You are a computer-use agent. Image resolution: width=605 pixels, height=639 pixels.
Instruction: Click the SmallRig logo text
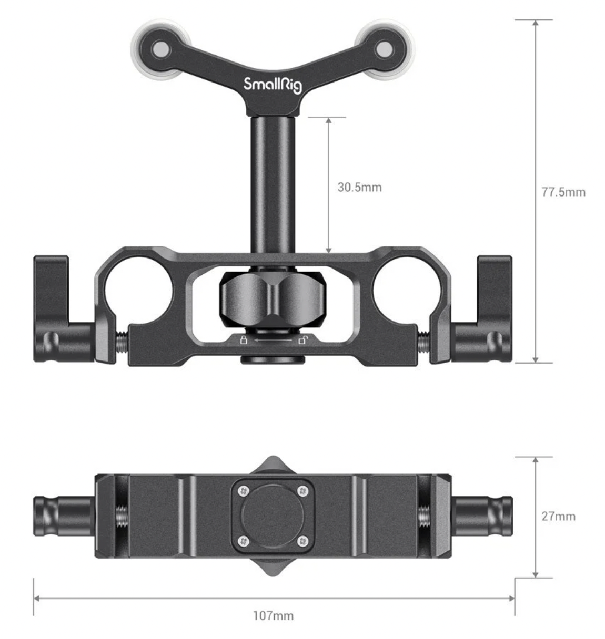pyautogui.click(x=272, y=85)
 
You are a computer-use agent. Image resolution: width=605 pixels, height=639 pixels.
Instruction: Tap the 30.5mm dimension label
pyautogui.click(x=359, y=187)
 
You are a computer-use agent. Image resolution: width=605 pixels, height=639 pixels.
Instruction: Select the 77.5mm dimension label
pyautogui.click(x=563, y=192)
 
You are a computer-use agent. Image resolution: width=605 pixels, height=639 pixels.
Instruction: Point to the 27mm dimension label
pyautogui.click(x=558, y=516)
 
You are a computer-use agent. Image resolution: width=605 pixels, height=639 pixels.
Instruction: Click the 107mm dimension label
pyautogui.click(x=273, y=615)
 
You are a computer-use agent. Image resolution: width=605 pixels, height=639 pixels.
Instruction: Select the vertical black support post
pyautogui.click(x=272, y=184)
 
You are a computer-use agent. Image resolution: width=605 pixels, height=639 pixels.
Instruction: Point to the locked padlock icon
pyautogui.click(x=243, y=339)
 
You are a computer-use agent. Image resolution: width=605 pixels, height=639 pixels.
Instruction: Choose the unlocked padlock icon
pyautogui.click(x=302, y=339)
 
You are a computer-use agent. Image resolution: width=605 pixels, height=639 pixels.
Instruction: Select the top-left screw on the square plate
pyautogui.click(x=243, y=491)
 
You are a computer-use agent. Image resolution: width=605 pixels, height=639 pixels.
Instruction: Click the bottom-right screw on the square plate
pyautogui.click(x=302, y=541)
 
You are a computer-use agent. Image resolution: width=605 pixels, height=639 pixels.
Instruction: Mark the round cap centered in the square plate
pyautogui.click(x=272, y=516)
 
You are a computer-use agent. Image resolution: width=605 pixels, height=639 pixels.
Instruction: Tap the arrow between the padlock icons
pyautogui.click(x=272, y=341)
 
